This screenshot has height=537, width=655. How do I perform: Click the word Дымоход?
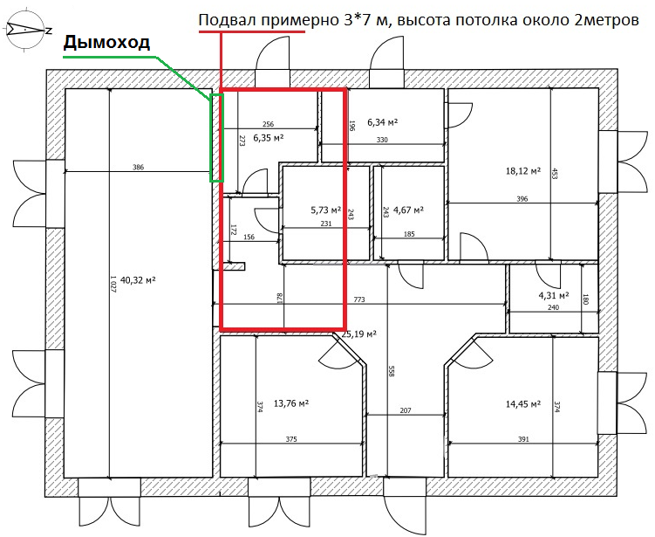click(x=106, y=42)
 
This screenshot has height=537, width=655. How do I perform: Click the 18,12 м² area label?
click(x=523, y=171)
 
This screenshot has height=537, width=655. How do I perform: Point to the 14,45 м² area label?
click(x=523, y=405)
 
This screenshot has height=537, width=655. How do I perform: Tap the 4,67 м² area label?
click(x=408, y=210)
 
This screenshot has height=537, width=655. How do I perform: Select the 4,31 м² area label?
click(x=555, y=295)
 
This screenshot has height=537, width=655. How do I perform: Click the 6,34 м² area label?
click(x=383, y=122)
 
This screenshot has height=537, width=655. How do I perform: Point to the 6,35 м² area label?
click(x=269, y=138)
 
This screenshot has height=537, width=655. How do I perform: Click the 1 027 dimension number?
click(x=113, y=283)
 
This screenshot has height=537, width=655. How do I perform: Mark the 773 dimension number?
click(x=358, y=300)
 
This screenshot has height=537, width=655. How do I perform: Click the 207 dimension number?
click(x=405, y=410)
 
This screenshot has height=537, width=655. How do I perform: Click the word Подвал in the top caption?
click(x=227, y=21)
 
